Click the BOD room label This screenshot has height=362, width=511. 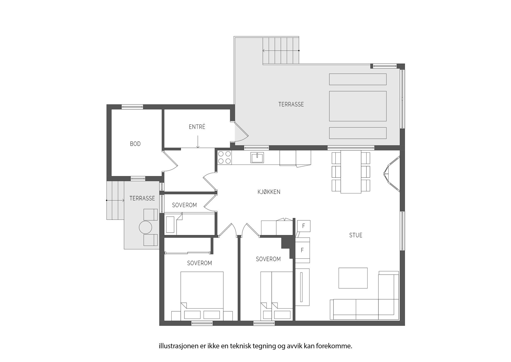coord(135,144)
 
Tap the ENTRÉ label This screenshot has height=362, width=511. coord(197,127)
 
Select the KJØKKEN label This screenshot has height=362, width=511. coord(269,192)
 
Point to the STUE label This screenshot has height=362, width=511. coord(356,235)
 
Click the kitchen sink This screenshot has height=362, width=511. coord(257,158)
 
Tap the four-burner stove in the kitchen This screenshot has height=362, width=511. coord(225,157)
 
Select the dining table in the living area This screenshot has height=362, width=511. coord(351,172)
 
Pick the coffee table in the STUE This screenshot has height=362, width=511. coord(353,278)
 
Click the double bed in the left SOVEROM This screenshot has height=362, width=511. coord(202,296)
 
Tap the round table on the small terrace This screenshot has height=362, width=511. coord(145,228)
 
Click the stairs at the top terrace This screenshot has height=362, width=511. coord(281,51)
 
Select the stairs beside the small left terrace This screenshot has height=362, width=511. coord(115,200)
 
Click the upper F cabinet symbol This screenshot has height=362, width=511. coord(303,226)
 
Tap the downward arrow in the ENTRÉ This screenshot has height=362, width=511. coord(198,142)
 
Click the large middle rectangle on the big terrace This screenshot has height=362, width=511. coord(358,106)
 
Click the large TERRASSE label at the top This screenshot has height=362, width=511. coord(291,104)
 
